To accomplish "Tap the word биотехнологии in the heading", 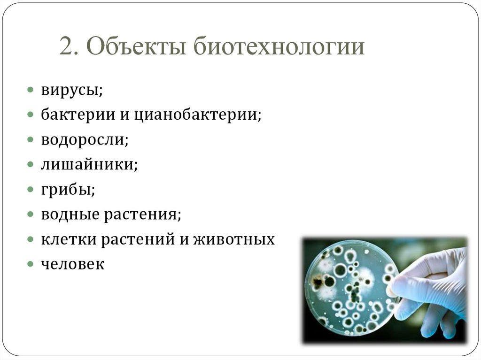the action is click(279, 46).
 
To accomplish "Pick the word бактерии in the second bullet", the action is click(78, 115).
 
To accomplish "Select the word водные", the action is click(70, 214).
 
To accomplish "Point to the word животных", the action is click(234, 239).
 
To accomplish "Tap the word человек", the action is click(73, 264).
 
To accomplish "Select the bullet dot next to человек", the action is click(30, 264).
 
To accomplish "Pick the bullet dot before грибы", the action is click(30, 189).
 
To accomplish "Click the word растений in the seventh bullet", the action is click(139, 239).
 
